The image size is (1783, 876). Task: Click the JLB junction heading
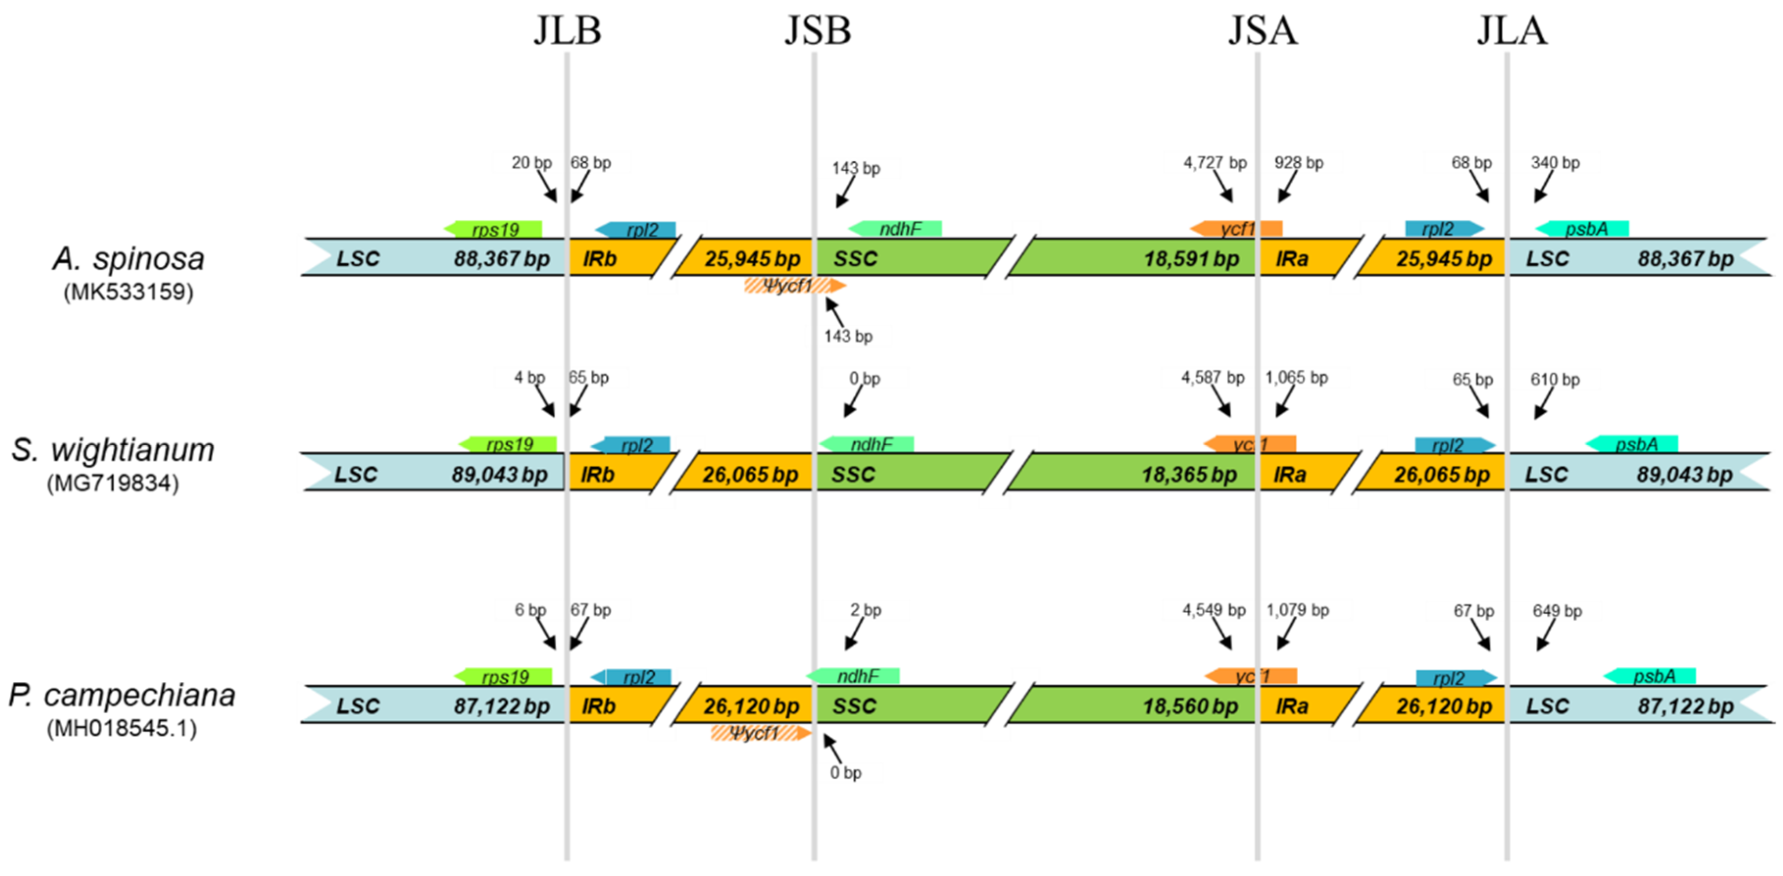pyautogui.click(x=567, y=31)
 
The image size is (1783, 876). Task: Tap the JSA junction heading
pyautogui.click(x=1263, y=31)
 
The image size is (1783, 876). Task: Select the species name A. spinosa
pyautogui.click(x=129, y=259)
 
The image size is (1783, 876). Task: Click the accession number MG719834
pyautogui.click(x=113, y=483)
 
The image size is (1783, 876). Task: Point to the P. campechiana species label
pyautogui.click(x=122, y=695)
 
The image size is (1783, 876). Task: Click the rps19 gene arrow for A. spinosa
pyautogui.click(x=493, y=228)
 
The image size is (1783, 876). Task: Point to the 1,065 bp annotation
pyautogui.click(x=1296, y=377)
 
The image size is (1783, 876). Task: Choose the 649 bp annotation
pyautogui.click(x=1557, y=611)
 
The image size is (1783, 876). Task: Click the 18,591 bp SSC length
pyautogui.click(x=1190, y=259)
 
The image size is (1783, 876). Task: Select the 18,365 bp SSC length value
pyautogui.click(x=1189, y=475)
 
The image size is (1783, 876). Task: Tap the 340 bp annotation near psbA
pyautogui.click(x=1555, y=163)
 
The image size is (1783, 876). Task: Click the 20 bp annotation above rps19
pyautogui.click(x=531, y=163)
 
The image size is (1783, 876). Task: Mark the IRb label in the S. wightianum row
pyautogui.click(x=597, y=475)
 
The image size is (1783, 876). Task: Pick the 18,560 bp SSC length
pyautogui.click(x=1190, y=706)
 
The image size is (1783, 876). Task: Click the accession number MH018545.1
pyautogui.click(x=122, y=728)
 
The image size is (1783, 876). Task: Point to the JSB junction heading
pyautogui.click(x=817, y=31)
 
